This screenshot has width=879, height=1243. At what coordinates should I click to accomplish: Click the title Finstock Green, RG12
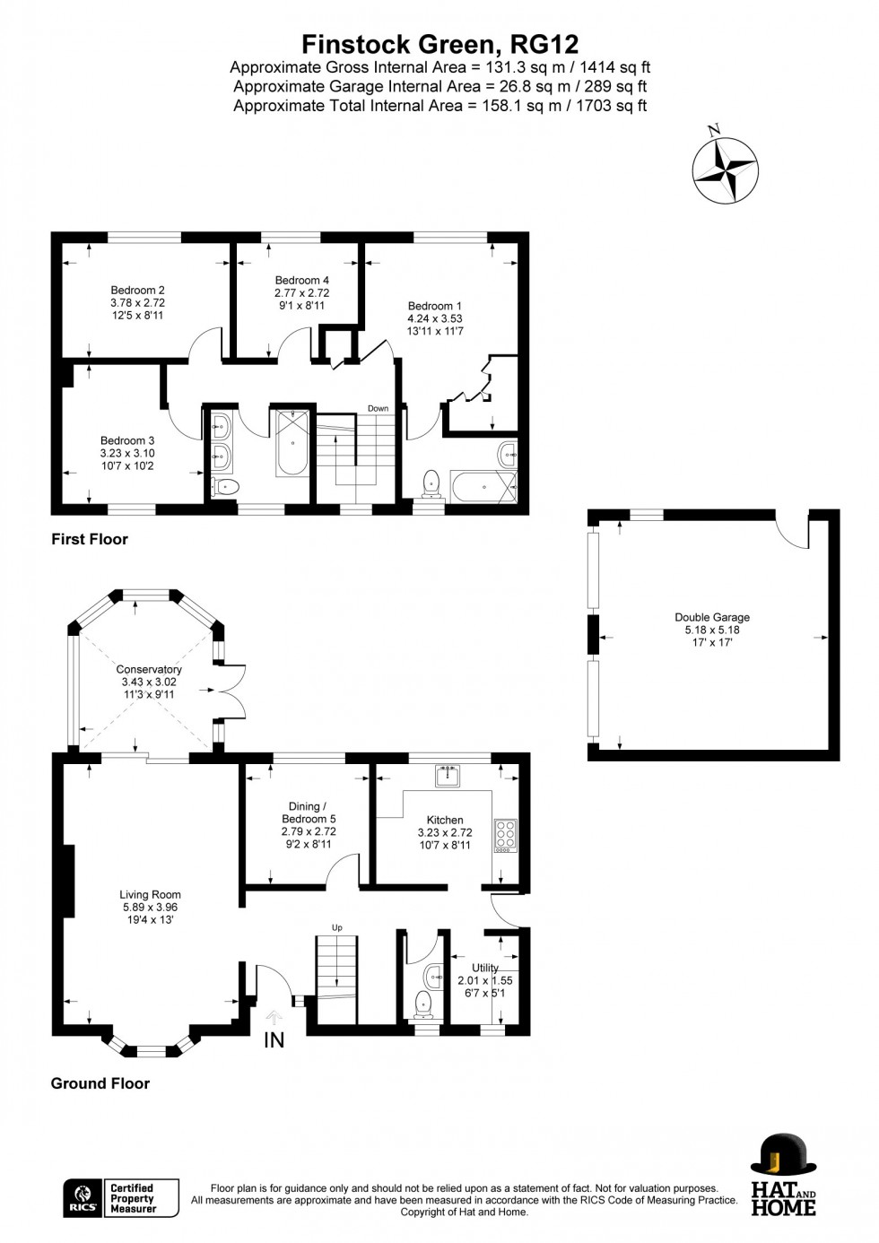click(x=439, y=44)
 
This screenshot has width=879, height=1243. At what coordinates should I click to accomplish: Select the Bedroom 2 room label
click(x=137, y=291)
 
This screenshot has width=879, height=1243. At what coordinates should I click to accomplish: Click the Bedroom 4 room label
click(x=301, y=281)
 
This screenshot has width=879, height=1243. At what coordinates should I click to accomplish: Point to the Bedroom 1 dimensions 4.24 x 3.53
click(x=435, y=318)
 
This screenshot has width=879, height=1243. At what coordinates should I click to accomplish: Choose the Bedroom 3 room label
click(x=127, y=440)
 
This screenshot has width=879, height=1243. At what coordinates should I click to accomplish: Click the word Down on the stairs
click(x=378, y=409)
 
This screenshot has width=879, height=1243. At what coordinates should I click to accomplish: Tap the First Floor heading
click(x=90, y=539)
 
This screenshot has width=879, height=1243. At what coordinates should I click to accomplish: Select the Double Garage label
click(x=712, y=617)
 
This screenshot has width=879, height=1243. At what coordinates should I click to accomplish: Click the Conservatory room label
click(x=149, y=670)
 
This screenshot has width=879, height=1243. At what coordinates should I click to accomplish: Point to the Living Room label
click(x=150, y=894)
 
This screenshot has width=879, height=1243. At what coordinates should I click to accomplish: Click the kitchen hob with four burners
click(x=505, y=835)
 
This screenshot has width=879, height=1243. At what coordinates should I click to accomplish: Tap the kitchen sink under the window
click(x=446, y=774)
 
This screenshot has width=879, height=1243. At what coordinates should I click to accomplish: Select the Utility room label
click(x=484, y=968)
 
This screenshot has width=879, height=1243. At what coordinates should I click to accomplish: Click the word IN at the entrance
click(x=274, y=1039)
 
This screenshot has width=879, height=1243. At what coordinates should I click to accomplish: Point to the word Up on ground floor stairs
click(x=337, y=927)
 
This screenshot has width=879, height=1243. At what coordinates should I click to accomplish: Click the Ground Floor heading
click(x=100, y=1083)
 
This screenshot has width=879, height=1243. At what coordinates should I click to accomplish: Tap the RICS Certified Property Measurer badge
click(x=120, y=1198)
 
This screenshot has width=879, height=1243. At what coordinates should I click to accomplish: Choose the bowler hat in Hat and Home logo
click(x=782, y=1153)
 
